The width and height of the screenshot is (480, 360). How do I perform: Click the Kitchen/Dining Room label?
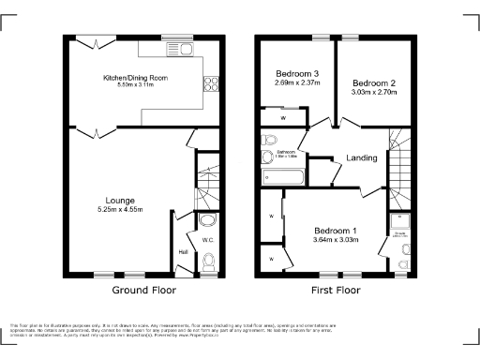(134, 78)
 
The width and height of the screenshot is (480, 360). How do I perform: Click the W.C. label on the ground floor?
(208, 241)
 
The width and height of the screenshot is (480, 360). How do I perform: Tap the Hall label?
(181, 250)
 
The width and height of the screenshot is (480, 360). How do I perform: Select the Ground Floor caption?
(140, 291)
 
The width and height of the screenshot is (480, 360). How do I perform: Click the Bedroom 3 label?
(296, 74)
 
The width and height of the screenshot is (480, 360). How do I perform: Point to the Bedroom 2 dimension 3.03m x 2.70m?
(374, 93)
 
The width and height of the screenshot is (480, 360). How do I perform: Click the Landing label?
(361, 157)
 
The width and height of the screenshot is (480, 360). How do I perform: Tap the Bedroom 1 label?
(335, 231)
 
